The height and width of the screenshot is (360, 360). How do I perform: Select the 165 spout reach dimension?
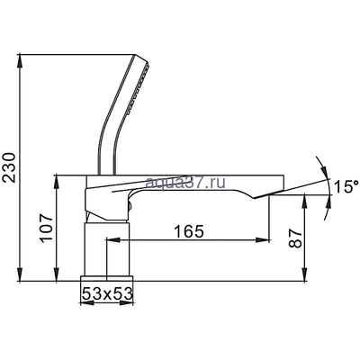186,230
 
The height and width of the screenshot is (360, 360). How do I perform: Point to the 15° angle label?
346,187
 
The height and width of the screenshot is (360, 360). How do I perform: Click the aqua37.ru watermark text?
193,184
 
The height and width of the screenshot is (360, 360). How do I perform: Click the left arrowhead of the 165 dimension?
110,240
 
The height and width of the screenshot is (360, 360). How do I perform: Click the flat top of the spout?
207,174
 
